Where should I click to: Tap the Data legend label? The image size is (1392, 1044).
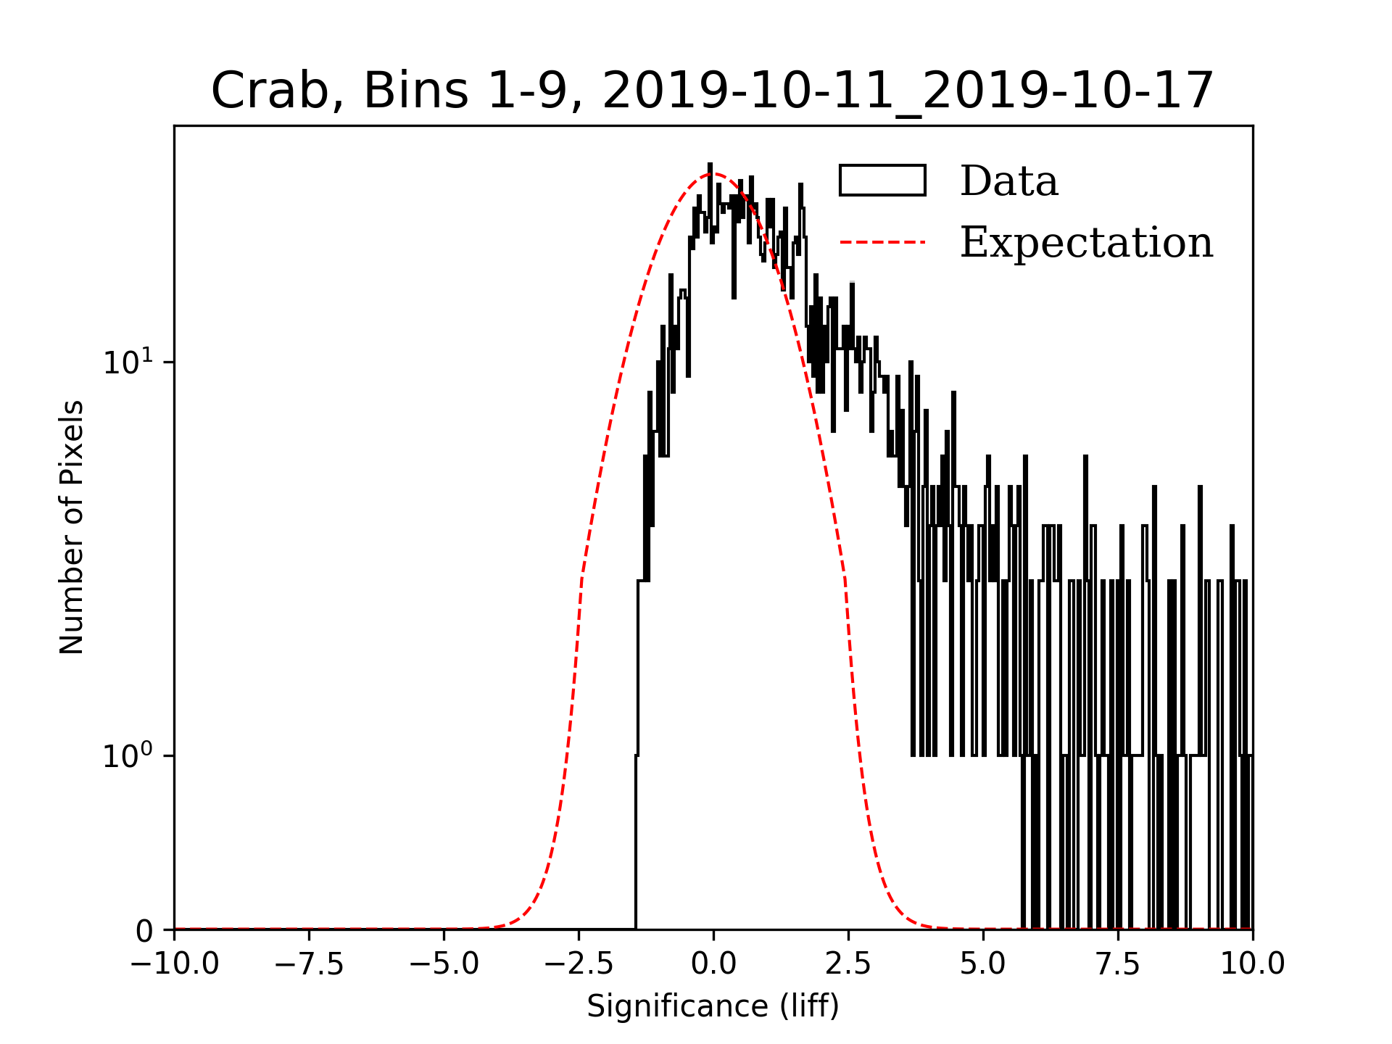(x=1008, y=181)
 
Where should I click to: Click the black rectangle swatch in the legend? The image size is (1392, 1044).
(x=882, y=181)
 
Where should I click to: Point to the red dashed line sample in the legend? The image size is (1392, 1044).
(x=882, y=242)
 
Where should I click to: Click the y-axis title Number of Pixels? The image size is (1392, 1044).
(x=72, y=527)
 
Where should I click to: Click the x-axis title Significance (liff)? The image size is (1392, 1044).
(x=713, y=1007)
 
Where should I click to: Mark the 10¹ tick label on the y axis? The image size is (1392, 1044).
(x=128, y=362)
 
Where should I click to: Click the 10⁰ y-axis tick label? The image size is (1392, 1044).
(x=128, y=756)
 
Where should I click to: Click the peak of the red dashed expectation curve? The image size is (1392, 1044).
(x=713, y=174)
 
